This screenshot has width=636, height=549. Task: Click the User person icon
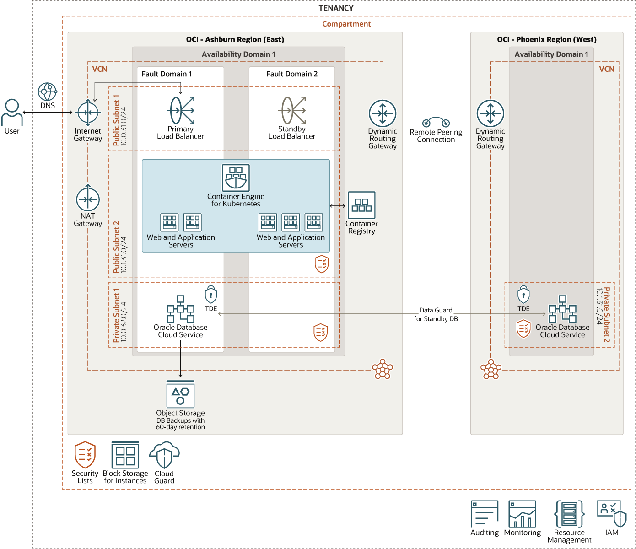12,113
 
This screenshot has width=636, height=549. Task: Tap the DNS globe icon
47,91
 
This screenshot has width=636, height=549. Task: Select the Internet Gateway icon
88,113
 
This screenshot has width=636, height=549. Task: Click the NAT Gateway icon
88,199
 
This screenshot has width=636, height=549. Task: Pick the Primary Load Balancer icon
181,110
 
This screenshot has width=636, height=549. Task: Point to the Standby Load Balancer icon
292,110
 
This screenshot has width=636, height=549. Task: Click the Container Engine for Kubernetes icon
236,178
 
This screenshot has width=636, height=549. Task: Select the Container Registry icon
361,205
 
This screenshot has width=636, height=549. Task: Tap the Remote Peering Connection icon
436,122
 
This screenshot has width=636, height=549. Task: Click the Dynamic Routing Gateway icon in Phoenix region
490,113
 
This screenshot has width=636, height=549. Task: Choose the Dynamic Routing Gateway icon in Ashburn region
383,113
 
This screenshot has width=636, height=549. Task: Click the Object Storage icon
180,394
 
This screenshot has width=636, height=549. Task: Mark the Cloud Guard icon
164,455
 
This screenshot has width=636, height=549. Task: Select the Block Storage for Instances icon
125,455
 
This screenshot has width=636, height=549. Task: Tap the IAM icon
612,513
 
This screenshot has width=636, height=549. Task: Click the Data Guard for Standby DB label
436,314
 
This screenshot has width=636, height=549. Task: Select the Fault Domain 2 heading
291,74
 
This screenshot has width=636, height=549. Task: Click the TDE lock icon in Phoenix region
523,295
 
